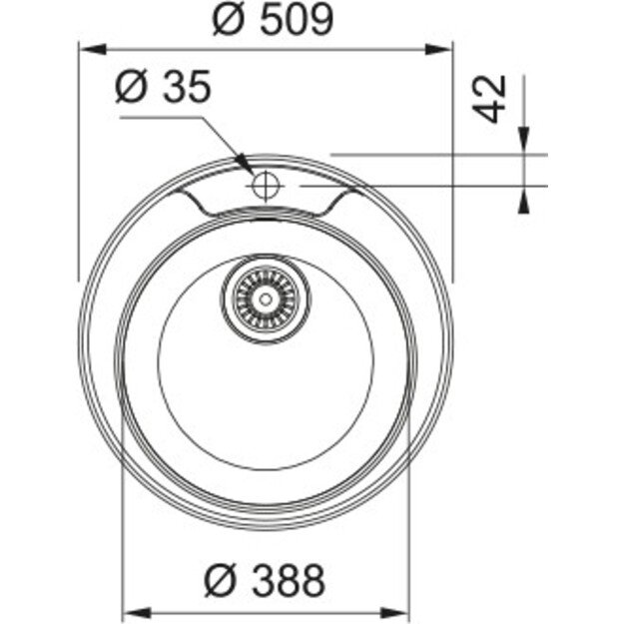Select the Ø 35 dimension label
[x=163, y=89]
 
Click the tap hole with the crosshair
[x=265, y=185]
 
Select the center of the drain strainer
[x=265, y=298]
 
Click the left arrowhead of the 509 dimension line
[x=88, y=47]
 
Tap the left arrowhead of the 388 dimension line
[x=131, y=611]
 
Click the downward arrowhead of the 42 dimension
[x=521, y=146]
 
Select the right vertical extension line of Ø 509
[x=452, y=160]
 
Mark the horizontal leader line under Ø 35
[x=160, y=117]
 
